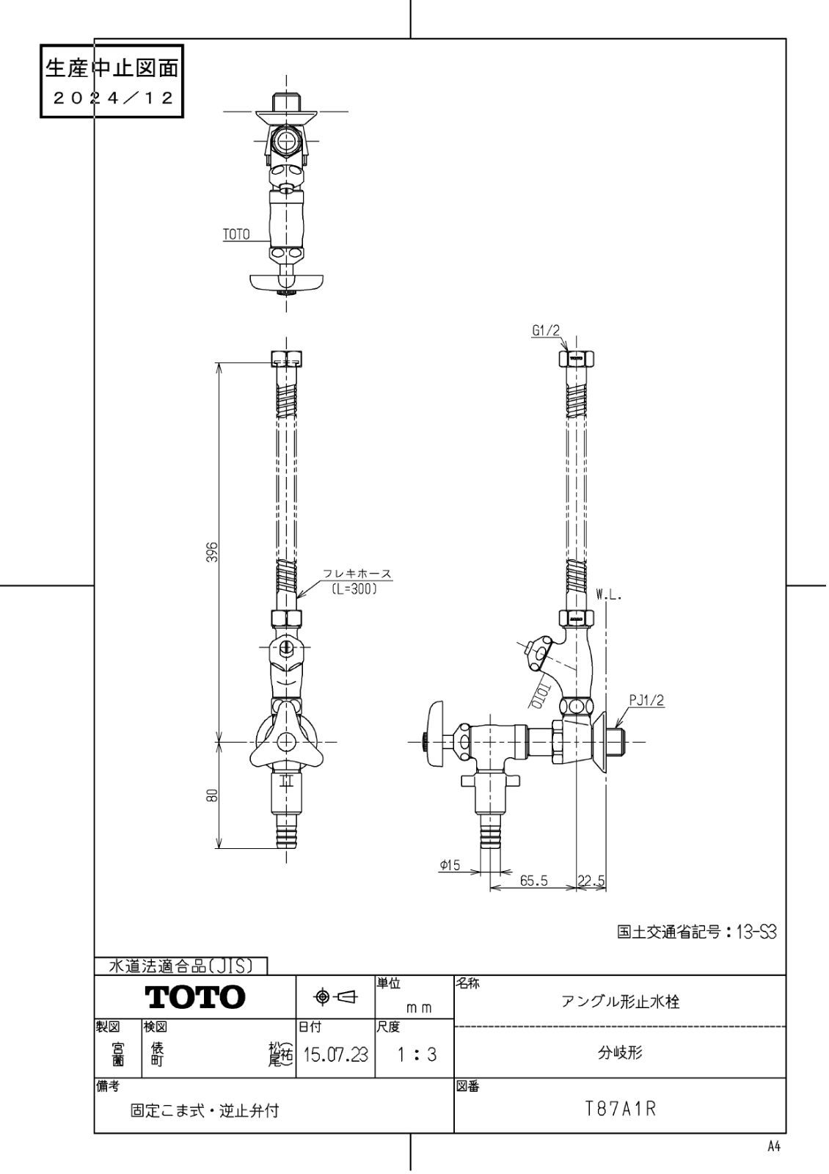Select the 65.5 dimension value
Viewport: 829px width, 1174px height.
point(534,881)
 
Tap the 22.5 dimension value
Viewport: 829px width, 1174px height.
point(591,881)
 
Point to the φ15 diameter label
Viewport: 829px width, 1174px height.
point(450,866)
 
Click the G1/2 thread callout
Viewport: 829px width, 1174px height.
point(545,331)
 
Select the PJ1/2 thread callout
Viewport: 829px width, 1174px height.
point(646,701)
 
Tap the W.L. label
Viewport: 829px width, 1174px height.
point(609,597)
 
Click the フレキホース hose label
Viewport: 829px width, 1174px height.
point(357,575)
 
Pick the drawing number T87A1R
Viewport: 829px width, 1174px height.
point(620,1108)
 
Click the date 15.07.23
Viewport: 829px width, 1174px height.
point(335,1055)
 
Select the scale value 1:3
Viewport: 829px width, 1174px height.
point(415,1055)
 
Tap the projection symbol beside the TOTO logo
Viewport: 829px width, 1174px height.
point(335,996)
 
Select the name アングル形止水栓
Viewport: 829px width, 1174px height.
point(620,1002)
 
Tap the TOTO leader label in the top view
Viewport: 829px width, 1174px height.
point(235,235)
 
